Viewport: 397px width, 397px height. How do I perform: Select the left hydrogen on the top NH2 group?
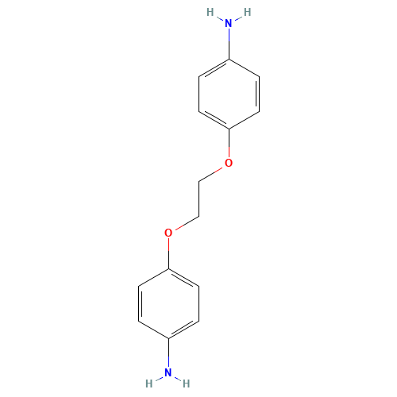210,13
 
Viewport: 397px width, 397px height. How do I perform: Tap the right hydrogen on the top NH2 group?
247,13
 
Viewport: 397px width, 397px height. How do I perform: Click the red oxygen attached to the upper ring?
229,163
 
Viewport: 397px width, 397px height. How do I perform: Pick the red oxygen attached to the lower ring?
168,233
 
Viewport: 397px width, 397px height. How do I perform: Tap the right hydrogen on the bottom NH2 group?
187,384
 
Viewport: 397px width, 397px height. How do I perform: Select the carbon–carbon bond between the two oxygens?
198,198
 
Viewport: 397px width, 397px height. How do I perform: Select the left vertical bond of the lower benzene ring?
138,303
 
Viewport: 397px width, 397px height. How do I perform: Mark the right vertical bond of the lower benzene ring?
198,303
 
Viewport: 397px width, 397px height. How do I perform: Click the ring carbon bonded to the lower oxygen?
168,268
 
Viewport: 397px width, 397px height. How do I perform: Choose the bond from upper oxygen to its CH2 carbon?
212,172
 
